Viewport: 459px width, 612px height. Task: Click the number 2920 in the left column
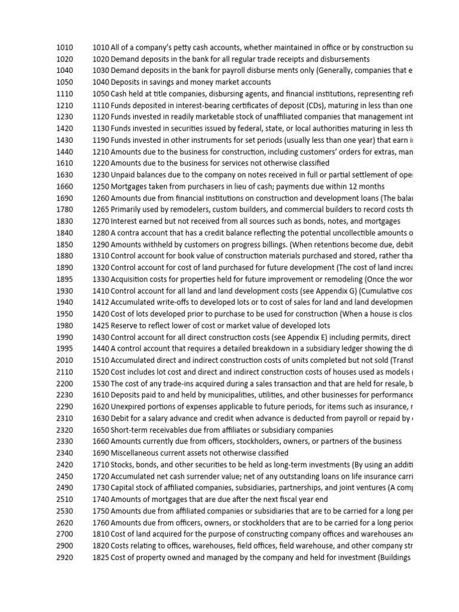(x=65, y=557)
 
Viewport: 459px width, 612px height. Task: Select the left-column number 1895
(x=65, y=279)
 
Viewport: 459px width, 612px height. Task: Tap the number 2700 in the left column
(x=65, y=534)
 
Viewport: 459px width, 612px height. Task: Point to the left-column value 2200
(x=65, y=383)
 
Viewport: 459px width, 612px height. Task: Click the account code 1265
(x=101, y=209)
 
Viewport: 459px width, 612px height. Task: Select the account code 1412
(x=101, y=302)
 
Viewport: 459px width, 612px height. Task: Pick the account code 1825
(x=101, y=557)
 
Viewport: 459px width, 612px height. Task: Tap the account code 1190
(x=101, y=140)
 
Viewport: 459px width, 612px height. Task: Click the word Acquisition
(x=131, y=279)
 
